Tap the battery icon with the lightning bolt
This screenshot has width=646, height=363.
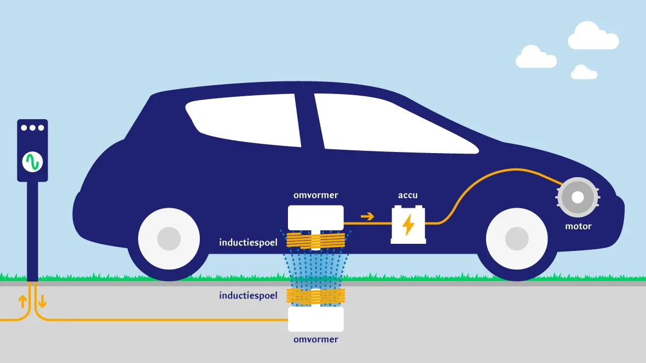click(408, 224)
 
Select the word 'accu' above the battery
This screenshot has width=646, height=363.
click(408, 195)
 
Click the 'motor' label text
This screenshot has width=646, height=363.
click(579, 226)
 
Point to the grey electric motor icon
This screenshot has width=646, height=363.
click(578, 198)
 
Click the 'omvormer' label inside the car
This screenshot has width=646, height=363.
click(316, 195)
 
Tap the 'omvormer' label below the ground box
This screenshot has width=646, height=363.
click(316, 339)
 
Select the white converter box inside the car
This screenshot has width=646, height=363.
click(316, 217)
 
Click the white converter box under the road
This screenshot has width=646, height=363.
click(316, 319)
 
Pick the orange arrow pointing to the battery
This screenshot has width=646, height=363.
click(367, 216)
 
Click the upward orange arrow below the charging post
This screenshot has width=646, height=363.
click(23, 301)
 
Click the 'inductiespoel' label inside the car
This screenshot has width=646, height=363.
click(248, 242)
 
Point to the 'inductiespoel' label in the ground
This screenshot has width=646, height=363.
click(248, 296)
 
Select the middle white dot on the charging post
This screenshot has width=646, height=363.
click(32, 128)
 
